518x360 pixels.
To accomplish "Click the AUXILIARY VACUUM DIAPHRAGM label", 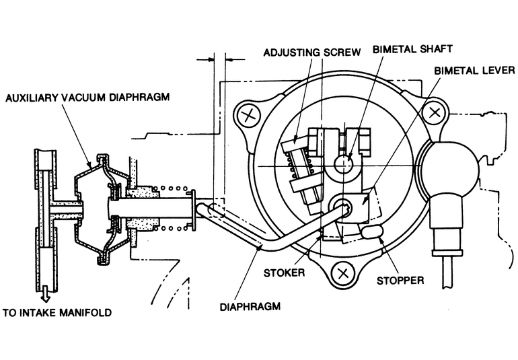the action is (87, 96).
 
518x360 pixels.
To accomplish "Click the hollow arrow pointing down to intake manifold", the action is (45, 292).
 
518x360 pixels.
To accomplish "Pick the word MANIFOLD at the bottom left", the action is (89, 312).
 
